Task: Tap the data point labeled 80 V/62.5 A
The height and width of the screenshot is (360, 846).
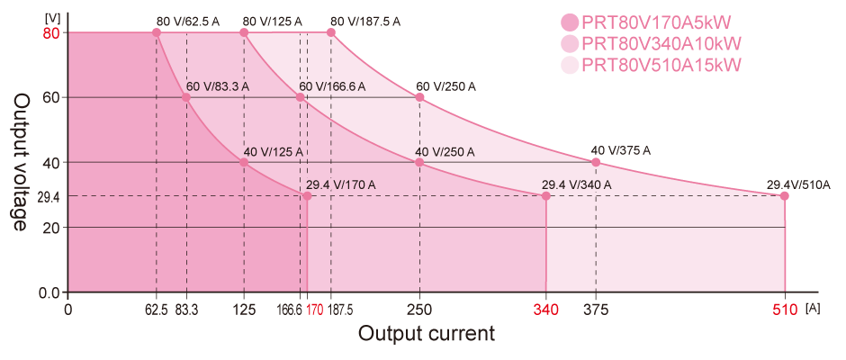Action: (x=157, y=32)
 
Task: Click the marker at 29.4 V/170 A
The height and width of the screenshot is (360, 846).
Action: (x=307, y=195)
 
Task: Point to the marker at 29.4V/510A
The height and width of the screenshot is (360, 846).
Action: (x=784, y=195)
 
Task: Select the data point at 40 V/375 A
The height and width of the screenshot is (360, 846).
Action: (x=596, y=162)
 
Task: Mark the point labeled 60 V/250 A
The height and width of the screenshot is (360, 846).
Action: (x=419, y=97)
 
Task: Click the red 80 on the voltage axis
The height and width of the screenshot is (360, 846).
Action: (x=50, y=33)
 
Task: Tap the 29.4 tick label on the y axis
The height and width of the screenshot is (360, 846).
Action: (x=49, y=195)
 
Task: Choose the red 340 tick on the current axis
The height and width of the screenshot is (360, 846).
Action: (x=545, y=310)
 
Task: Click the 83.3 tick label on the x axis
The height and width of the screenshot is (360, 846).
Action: (x=186, y=310)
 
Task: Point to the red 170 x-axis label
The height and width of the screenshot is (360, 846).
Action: (x=314, y=310)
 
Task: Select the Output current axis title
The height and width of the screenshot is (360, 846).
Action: (x=426, y=334)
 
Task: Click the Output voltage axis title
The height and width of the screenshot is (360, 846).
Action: (x=21, y=162)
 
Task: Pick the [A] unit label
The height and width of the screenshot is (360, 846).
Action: (x=813, y=308)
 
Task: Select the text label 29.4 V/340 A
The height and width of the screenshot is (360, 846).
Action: (x=576, y=184)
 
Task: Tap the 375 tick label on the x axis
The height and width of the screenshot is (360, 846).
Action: (x=596, y=310)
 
